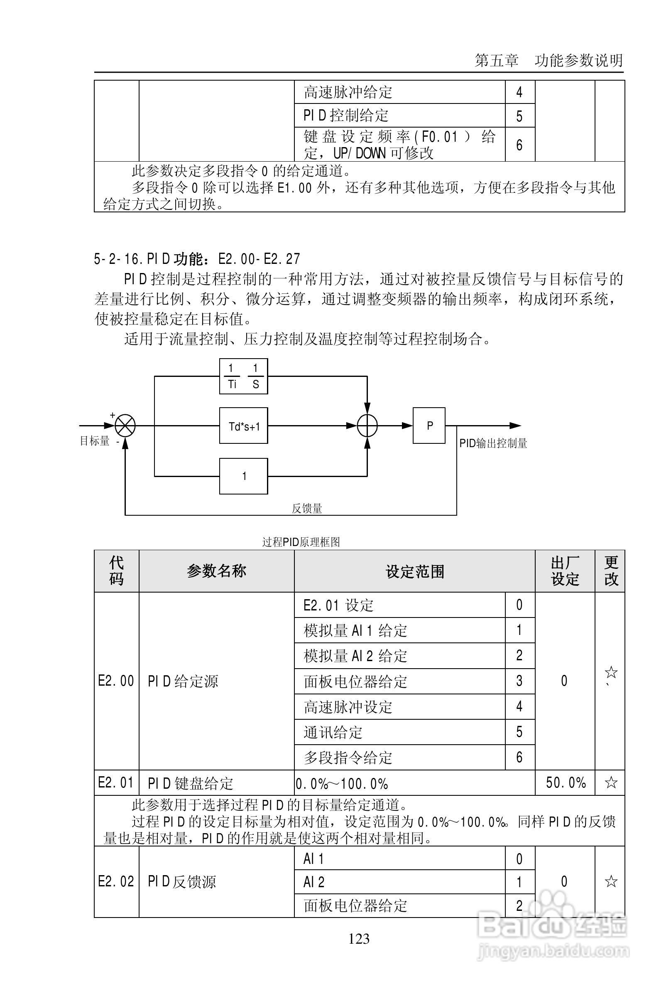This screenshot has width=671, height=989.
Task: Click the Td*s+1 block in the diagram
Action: pyautogui.click(x=243, y=426)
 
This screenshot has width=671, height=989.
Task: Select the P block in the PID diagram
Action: pyautogui.click(x=429, y=426)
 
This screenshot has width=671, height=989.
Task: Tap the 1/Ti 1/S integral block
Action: pyautogui.click(x=243, y=376)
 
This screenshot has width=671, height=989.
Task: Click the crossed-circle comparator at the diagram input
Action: pyautogui.click(x=125, y=426)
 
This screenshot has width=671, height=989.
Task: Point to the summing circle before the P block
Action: pyautogui.click(x=367, y=426)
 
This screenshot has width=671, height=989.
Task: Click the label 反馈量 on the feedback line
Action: pyautogui.click(x=306, y=509)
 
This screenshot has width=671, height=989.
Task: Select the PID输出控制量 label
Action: pyautogui.click(x=493, y=443)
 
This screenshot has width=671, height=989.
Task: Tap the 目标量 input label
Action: pyautogui.click(x=94, y=441)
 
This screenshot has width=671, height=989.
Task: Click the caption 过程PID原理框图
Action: pyautogui.click(x=301, y=542)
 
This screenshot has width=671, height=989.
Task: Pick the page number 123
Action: pyautogui.click(x=359, y=939)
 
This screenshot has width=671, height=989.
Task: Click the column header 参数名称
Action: pyautogui.click(x=216, y=571)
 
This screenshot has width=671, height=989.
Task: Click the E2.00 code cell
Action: pyautogui.click(x=116, y=681)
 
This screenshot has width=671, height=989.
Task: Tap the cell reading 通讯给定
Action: pyautogui.click(x=333, y=732)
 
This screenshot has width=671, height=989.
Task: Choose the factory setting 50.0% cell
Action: pyautogui.click(x=565, y=782)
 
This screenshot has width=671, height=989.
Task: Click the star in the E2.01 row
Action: pyautogui.click(x=611, y=782)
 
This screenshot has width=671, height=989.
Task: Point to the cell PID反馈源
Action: pyautogui.click(x=182, y=881)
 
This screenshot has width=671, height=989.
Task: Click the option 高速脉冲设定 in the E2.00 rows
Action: pyautogui.click(x=348, y=707)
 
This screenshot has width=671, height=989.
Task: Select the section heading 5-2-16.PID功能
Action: pyautogui.click(x=197, y=259)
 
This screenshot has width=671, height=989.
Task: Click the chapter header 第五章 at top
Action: pyautogui.click(x=497, y=61)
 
